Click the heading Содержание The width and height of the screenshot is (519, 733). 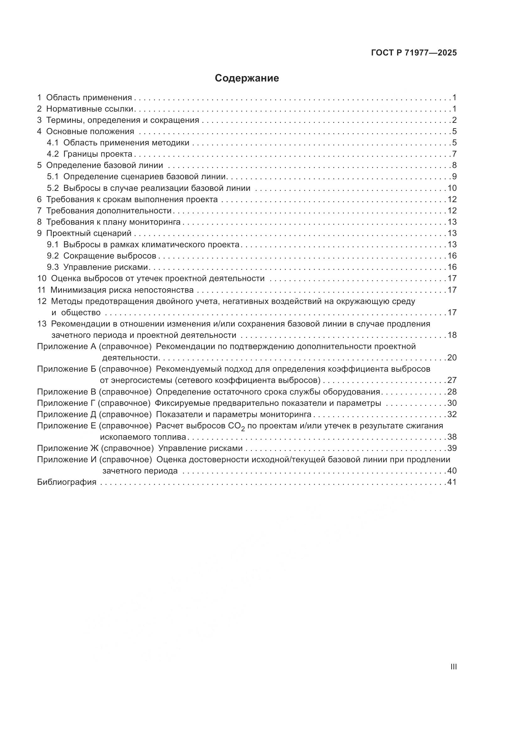click(x=247, y=78)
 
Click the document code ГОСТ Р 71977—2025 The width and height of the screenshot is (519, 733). click(x=414, y=53)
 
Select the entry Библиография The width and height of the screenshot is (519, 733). click(x=67, y=482)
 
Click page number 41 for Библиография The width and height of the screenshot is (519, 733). click(x=452, y=482)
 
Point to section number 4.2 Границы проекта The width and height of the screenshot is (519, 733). click(x=53, y=154)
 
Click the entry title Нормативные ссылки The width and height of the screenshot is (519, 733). click(x=90, y=109)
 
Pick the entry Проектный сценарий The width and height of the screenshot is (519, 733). click(x=89, y=233)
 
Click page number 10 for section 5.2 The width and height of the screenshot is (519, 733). click(x=452, y=188)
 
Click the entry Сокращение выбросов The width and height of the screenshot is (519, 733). click(x=110, y=256)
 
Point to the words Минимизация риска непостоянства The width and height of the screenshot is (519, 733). click(x=122, y=290)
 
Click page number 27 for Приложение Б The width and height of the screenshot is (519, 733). click(x=452, y=380)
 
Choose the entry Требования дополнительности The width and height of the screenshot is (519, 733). click(x=109, y=211)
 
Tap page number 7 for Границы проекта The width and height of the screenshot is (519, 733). click(x=454, y=154)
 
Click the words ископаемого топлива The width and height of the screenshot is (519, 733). click(x=143, y=437)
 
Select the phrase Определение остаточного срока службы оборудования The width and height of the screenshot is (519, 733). click(x=268, y=392)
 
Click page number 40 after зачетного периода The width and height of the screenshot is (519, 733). click(x=452, y=471)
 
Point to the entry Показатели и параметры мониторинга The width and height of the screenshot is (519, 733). click(x=234, y=414)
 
